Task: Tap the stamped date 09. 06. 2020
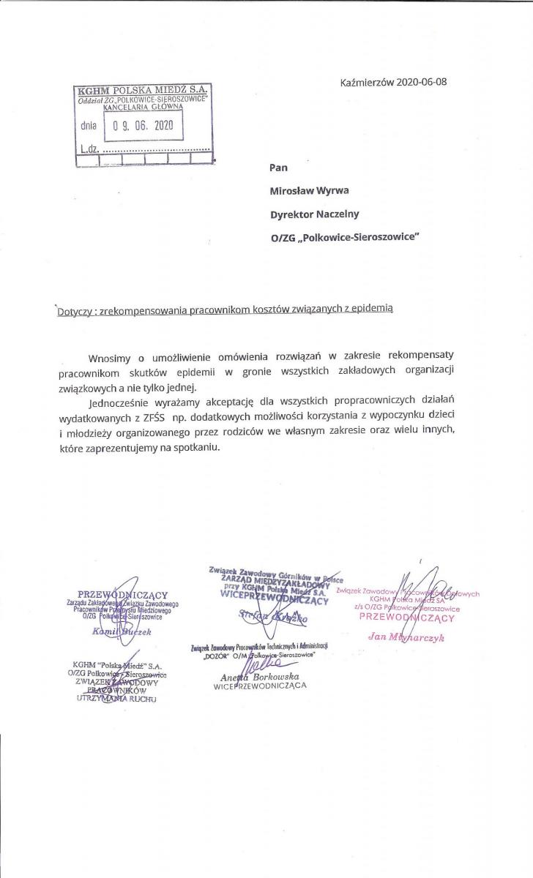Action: click(143, 125)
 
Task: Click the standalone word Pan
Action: click(278, 168)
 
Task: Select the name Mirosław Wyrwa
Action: click(308, 191)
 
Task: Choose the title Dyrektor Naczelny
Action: click(315, 214)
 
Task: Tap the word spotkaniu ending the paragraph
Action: click(196, 446)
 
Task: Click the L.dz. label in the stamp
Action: click(89, 147)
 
